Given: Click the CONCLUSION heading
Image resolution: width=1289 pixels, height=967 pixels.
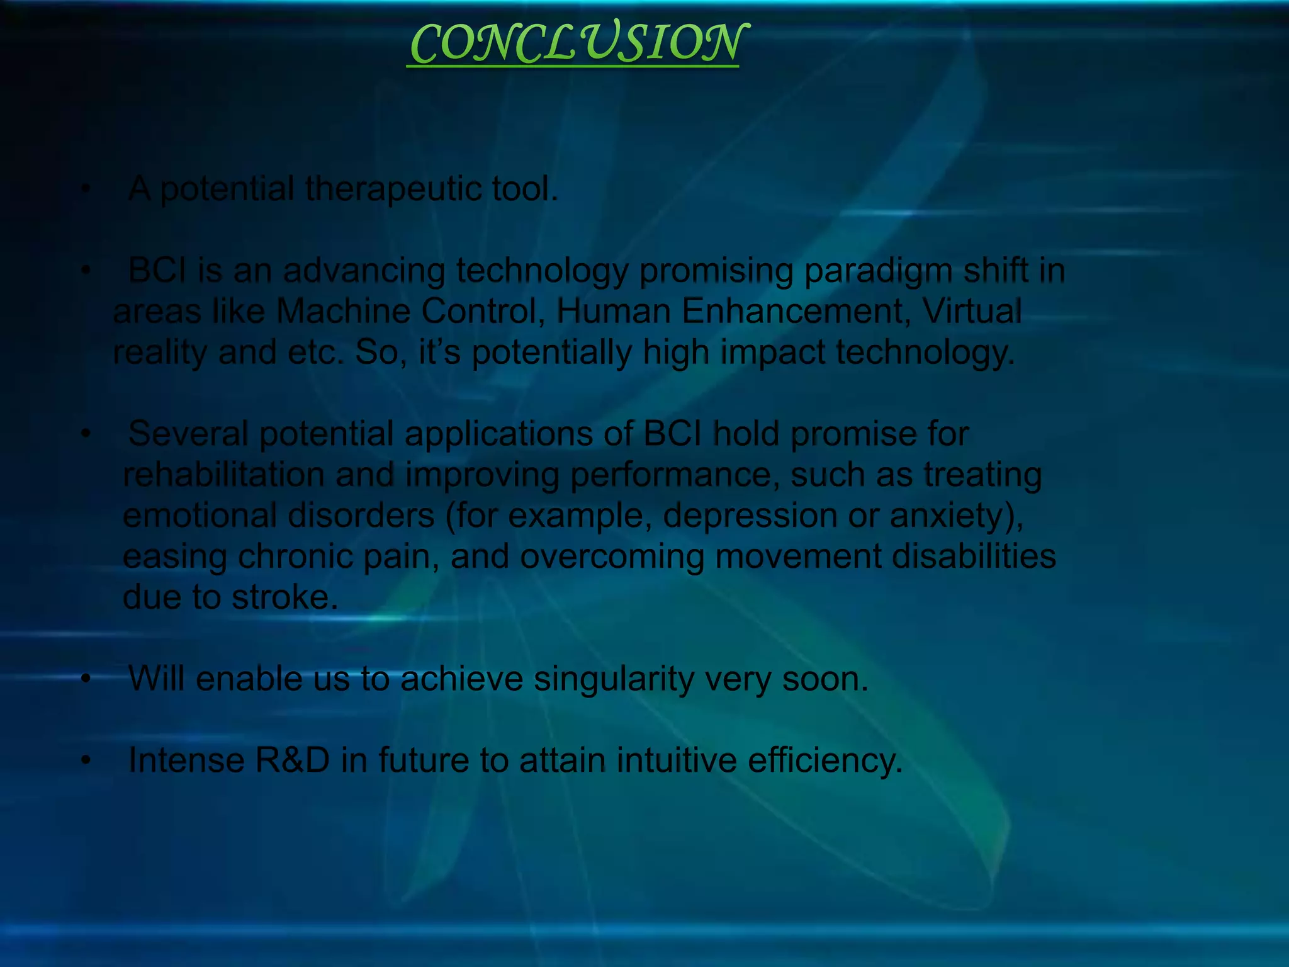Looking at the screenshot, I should point(576,44).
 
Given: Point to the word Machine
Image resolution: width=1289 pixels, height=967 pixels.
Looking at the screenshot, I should point(342,312).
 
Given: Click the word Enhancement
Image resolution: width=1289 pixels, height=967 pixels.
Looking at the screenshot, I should point(796,312).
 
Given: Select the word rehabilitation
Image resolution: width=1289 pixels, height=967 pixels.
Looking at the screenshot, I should point(223,475).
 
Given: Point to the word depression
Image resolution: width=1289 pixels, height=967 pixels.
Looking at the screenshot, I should point(750,516).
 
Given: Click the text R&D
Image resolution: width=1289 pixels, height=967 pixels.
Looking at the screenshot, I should point(292,761).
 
